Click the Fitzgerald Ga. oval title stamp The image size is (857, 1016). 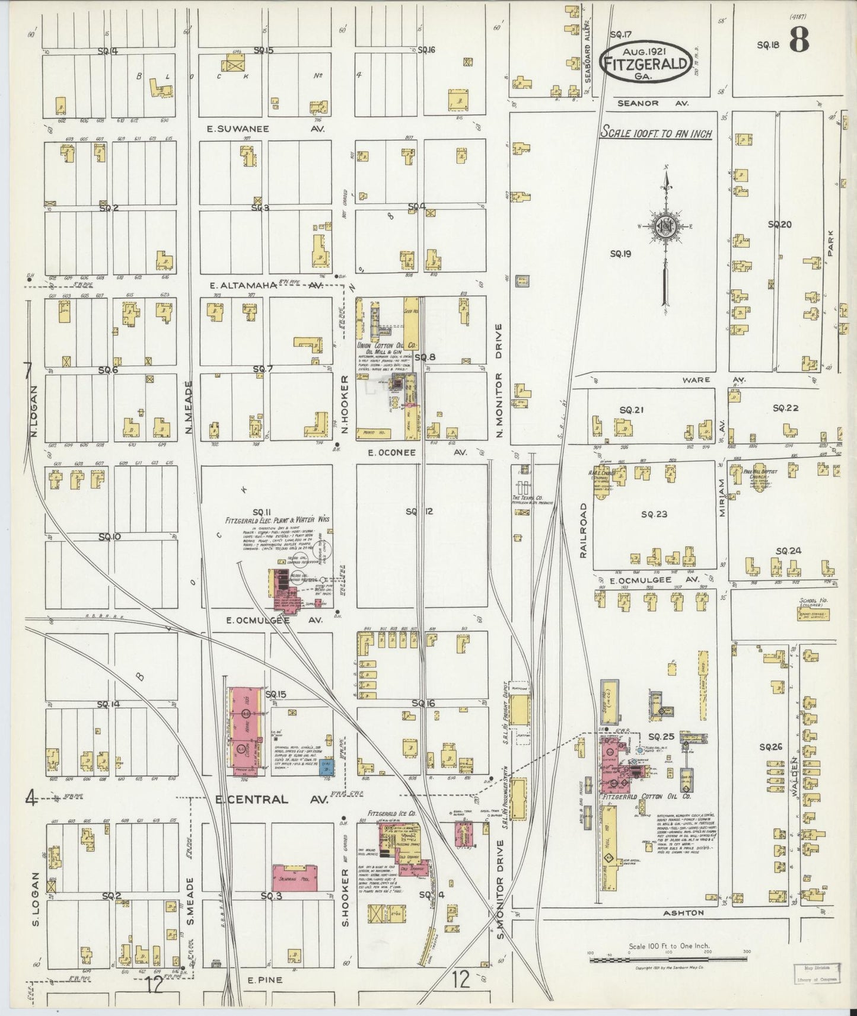coord(645,61)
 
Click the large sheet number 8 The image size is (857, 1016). coord(801,41)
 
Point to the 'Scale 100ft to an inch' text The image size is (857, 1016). coord(656,133)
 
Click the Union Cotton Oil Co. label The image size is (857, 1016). coord(387,345)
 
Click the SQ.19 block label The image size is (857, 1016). coord(620,254)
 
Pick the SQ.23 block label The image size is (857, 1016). coord(654,514)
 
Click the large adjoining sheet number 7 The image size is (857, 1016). coord(28,370)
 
